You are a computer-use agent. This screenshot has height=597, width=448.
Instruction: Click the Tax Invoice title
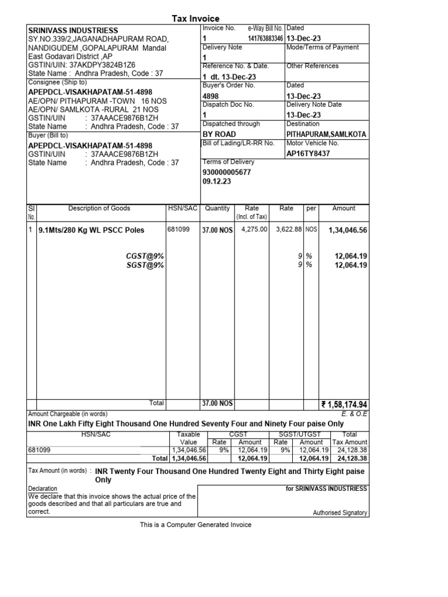pos(195,19)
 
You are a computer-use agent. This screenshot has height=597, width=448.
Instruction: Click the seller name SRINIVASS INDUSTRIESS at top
pos(73,30)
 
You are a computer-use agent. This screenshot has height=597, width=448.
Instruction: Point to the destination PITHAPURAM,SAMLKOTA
pos(326,134)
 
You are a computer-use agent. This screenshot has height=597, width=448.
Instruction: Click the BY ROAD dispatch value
pos(219,134)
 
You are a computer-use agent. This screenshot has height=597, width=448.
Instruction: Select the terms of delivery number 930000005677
pos(226,173)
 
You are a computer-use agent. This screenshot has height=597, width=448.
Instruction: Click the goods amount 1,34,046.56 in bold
pos(348,230)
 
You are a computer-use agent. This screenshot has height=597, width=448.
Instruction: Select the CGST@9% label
pos(145,256)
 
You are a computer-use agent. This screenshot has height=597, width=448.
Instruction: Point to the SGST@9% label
pos(145,265)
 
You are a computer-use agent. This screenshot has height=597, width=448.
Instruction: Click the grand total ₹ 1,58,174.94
pos(344,404)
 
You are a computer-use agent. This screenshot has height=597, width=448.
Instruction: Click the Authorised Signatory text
pos(340,513)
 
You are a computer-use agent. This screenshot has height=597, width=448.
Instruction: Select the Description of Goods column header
pos(99,208)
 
